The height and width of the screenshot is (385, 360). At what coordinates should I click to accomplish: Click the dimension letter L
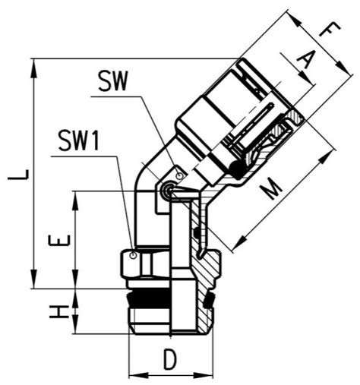coord(18,175)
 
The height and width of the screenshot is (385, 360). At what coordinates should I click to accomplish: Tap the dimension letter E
coord(59,241)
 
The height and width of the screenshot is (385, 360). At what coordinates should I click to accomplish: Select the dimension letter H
coord(59,311)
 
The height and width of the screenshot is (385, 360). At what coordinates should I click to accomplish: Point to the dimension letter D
coord(170,358)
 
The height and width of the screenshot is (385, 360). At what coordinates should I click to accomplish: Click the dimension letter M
coord(270,188)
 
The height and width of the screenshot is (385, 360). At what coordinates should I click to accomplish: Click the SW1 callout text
coord(78,140)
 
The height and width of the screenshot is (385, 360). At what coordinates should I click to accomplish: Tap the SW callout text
coord(112,80)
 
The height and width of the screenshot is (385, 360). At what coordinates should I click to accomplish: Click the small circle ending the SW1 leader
coord(133,256)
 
